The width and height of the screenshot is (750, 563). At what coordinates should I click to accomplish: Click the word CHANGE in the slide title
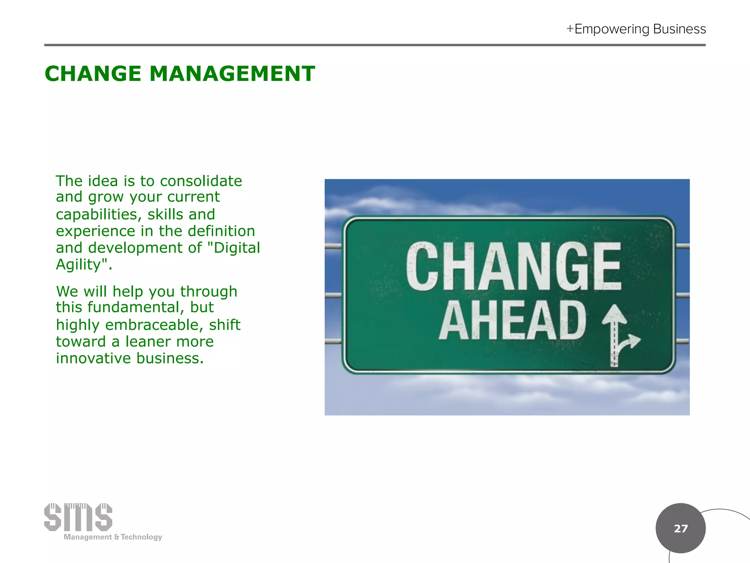[x=93, y=74]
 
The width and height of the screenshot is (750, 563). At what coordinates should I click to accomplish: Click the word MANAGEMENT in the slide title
[x=232, y=74]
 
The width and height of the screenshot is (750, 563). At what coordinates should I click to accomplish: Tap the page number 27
[x=680, y=528]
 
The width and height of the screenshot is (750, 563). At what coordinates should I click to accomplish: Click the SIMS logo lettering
[x=78, y=517]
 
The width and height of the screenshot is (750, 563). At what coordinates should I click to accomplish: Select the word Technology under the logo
[x=141, y=537]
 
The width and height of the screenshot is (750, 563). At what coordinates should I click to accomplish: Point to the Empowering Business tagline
[x=640, y=29]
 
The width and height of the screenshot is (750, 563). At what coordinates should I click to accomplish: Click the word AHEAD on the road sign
[x=513, y=320]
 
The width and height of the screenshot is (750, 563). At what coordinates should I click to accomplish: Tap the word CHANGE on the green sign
[x=513, y=266]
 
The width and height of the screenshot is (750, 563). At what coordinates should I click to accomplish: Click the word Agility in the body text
[x=78, y=265]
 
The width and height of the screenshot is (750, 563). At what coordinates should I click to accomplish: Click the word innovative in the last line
[x=93, y=358]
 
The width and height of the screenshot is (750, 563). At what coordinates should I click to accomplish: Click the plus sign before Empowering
[x=570, y=29]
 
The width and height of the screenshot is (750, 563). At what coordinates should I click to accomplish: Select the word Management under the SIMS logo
[x=88, y=537]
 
